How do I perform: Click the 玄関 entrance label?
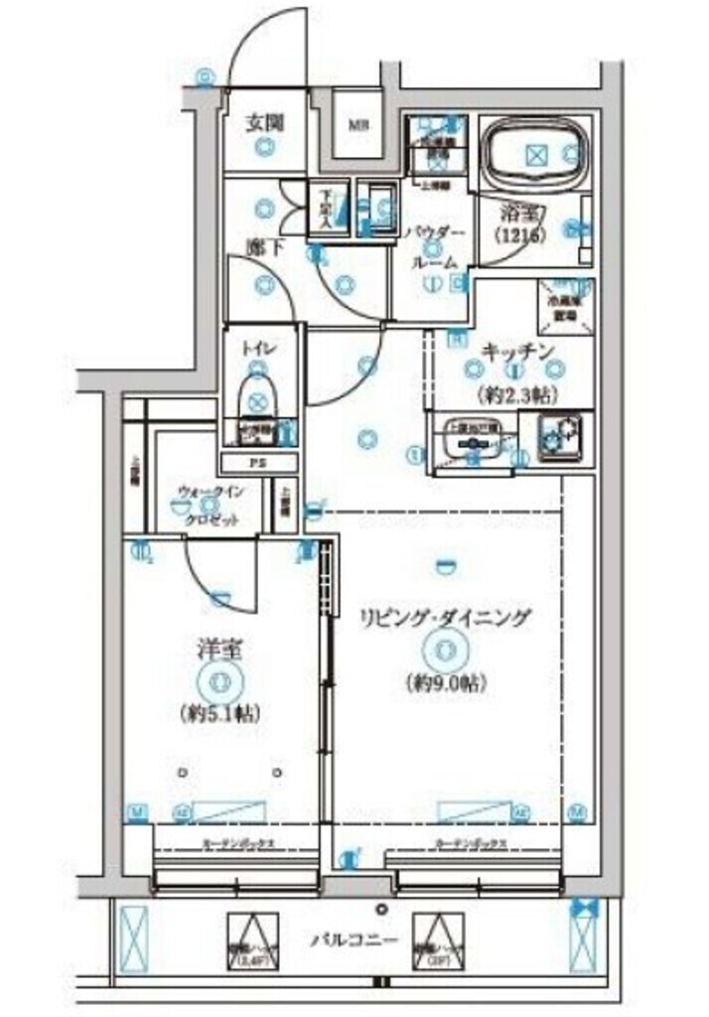[265, 124]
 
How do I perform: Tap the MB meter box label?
[355, 126]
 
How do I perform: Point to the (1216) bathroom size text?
[518, 235]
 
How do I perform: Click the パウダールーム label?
[434, 246]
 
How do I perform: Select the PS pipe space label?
[258, 463]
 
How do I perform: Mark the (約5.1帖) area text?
[219, 713]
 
